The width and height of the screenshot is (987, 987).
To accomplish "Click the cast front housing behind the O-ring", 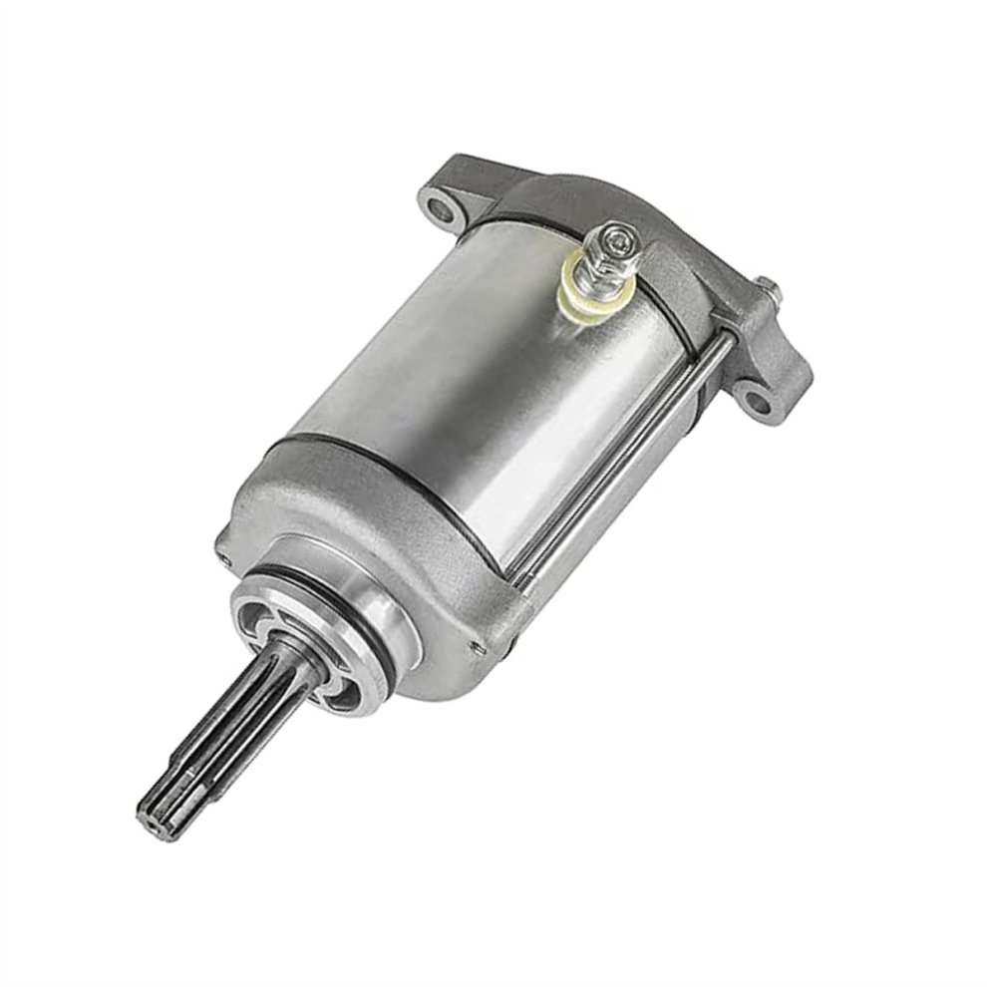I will pos(419,558).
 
